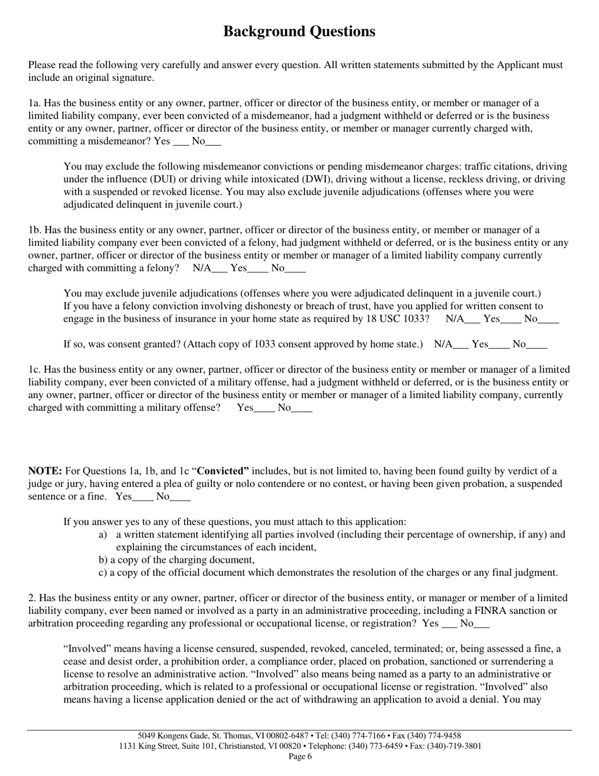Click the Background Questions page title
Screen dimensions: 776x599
point(299,32)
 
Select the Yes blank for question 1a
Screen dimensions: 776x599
point(181,143)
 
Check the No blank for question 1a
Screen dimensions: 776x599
point(214,143)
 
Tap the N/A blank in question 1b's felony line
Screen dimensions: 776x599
point(219,269)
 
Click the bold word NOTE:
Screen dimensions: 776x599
point(45,471)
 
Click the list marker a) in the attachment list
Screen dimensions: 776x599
point(103,535)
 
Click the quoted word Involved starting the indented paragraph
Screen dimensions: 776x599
point(87,649)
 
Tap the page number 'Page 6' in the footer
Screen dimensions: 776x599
point(299,756)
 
